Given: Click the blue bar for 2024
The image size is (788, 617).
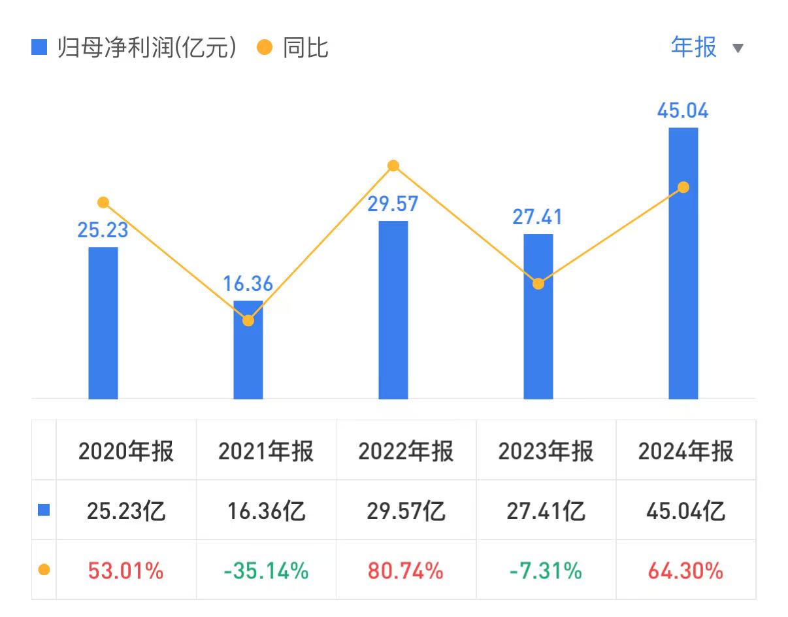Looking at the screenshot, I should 683,275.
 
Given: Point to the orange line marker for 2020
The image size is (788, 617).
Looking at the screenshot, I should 103,203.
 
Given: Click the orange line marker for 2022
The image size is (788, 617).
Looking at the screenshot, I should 393,166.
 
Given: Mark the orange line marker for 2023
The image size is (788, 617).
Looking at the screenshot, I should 538,284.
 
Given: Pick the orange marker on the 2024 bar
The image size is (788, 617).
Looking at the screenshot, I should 683,188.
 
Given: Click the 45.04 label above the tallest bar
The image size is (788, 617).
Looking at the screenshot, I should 683,110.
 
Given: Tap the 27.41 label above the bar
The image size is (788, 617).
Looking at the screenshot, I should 537,216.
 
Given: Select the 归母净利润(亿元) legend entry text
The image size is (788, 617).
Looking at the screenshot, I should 146,48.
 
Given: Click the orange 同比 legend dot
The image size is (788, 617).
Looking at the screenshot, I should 265,48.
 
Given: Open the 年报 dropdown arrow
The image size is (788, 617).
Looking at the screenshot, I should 738,48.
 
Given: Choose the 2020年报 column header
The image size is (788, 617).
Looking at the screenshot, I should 126,451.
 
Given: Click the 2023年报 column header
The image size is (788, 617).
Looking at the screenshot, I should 546,451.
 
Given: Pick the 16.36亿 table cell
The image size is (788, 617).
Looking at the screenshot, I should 266,510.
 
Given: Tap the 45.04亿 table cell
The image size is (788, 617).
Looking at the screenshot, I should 685,510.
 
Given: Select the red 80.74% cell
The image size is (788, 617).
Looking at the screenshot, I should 406,571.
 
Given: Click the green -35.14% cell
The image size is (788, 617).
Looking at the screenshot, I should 266,571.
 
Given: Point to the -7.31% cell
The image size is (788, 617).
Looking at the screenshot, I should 546,571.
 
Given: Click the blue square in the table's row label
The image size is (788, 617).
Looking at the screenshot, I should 44,510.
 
